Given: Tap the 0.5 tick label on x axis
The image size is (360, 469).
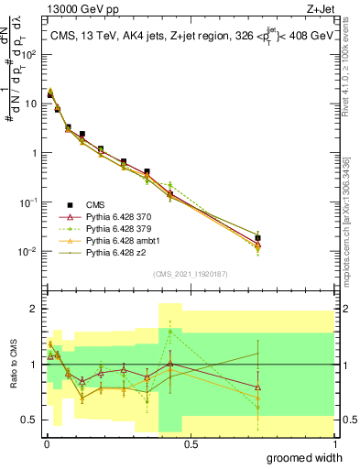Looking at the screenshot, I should tap(190, 443).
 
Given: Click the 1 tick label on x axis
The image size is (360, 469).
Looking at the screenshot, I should tap(334, 443).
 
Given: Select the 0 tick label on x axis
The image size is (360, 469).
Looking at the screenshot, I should tap(46, 443).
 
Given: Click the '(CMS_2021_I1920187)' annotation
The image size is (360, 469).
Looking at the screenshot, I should tap(190, 273).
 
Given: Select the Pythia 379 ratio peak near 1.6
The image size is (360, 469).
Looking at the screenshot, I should tap(170, 331).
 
